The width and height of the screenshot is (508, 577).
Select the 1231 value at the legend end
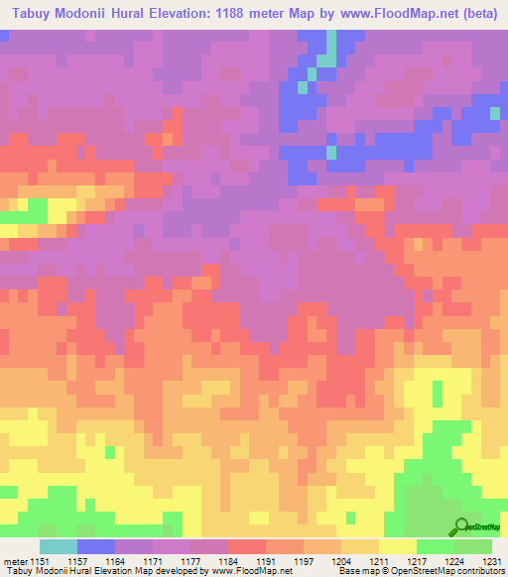490,561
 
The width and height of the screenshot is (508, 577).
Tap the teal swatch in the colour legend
58,546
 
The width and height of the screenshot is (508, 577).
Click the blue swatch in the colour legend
95,546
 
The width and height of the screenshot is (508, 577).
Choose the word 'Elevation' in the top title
162,14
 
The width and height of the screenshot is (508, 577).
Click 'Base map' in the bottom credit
354,571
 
